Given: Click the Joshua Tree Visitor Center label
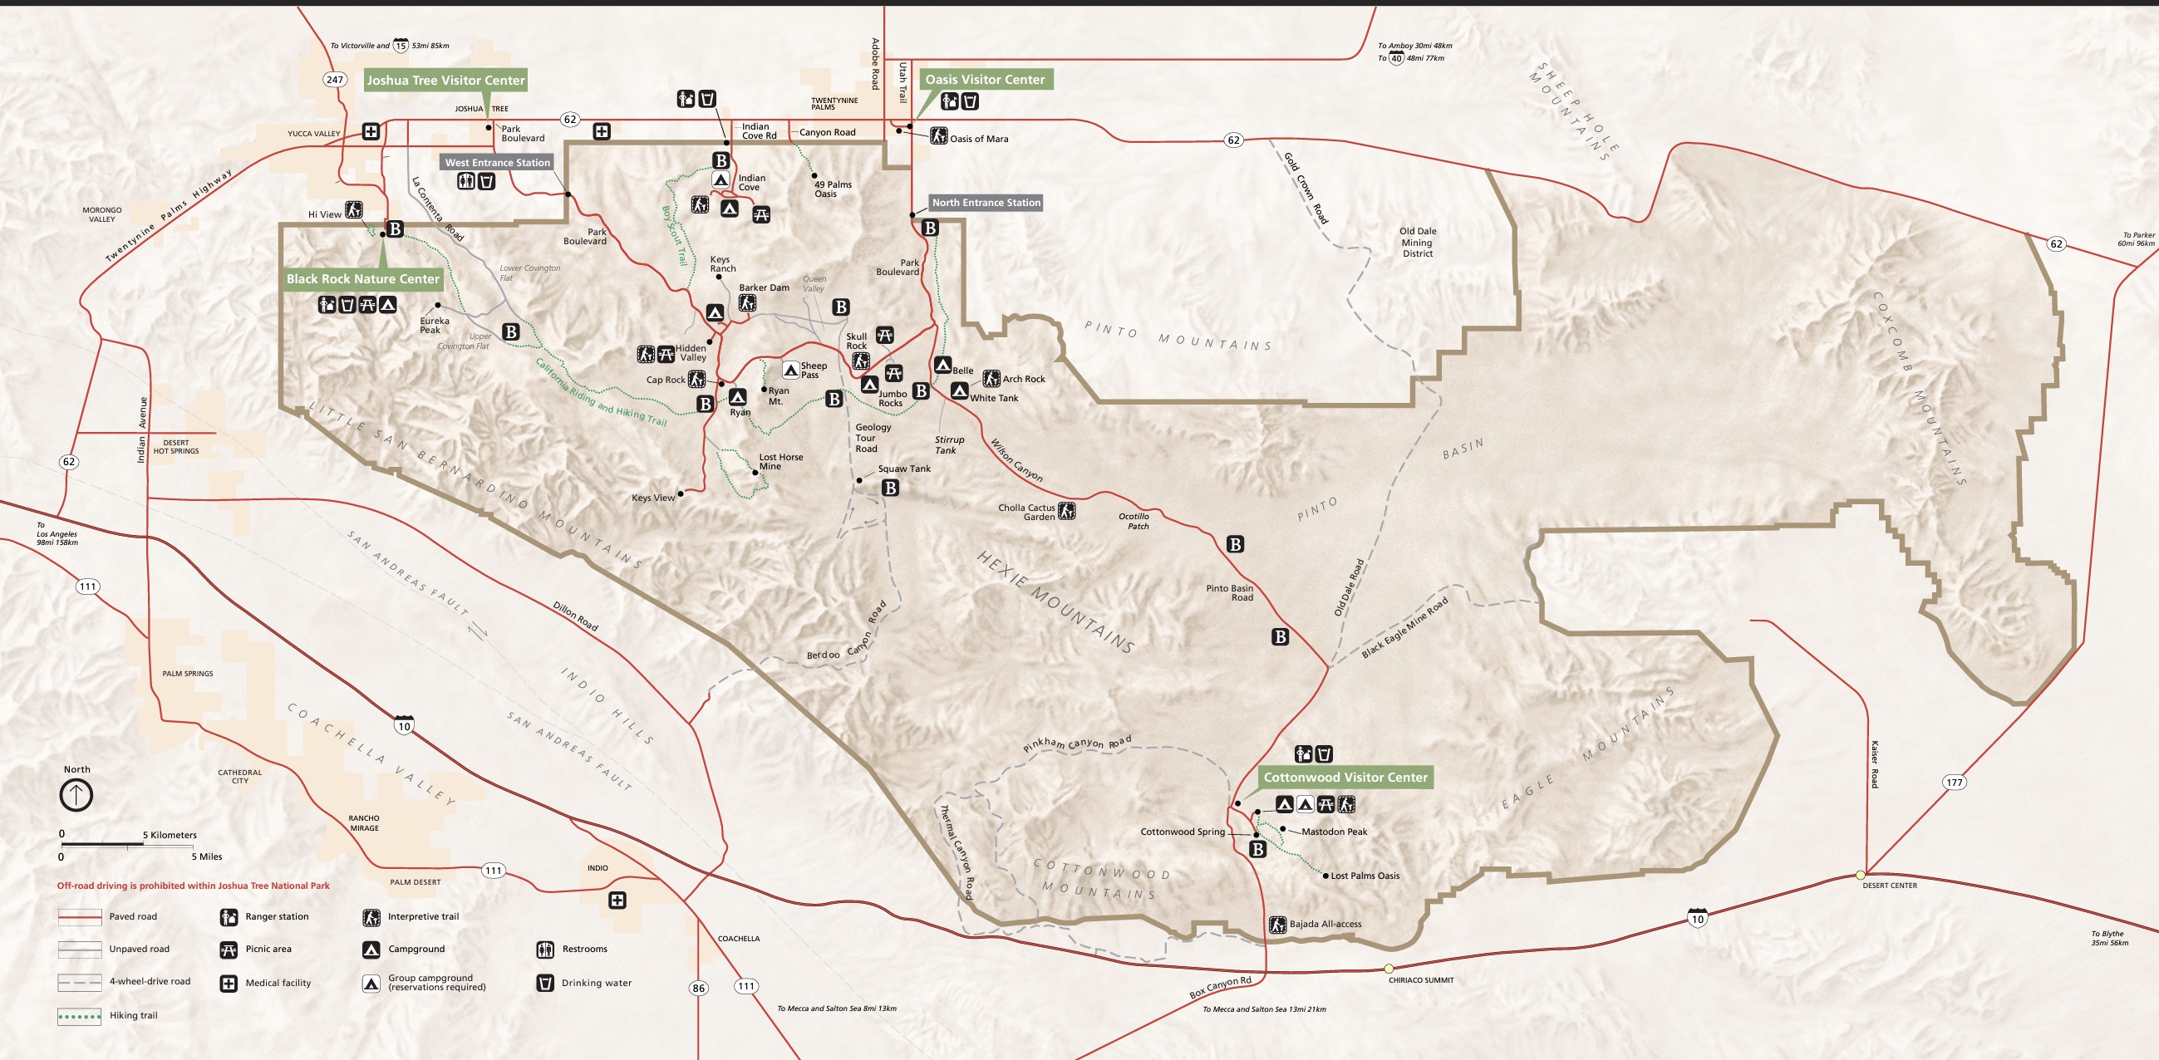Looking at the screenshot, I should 445,81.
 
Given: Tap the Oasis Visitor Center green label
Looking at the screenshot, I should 985,80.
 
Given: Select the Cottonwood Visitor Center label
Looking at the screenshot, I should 1345,778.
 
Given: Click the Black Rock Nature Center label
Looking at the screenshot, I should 362,279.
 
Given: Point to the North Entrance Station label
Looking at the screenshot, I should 986,203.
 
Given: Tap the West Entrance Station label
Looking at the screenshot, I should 497,163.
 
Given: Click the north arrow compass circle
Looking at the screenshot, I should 76,794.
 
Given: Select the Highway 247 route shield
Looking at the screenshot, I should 334,80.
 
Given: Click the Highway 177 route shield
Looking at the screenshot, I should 1954,783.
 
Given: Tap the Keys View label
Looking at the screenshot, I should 653,498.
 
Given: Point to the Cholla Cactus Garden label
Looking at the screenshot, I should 1026,512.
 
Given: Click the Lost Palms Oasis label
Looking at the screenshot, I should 1365,876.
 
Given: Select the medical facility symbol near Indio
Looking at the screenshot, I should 617,901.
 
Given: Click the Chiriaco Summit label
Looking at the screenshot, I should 1420,979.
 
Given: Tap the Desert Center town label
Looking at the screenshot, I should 1889,886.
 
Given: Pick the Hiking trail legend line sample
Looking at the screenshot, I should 80,1017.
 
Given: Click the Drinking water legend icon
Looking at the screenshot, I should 545,983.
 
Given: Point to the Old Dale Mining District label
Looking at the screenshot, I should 1417,243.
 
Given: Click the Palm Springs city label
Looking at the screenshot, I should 188,674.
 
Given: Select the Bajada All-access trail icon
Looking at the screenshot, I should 1277,925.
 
